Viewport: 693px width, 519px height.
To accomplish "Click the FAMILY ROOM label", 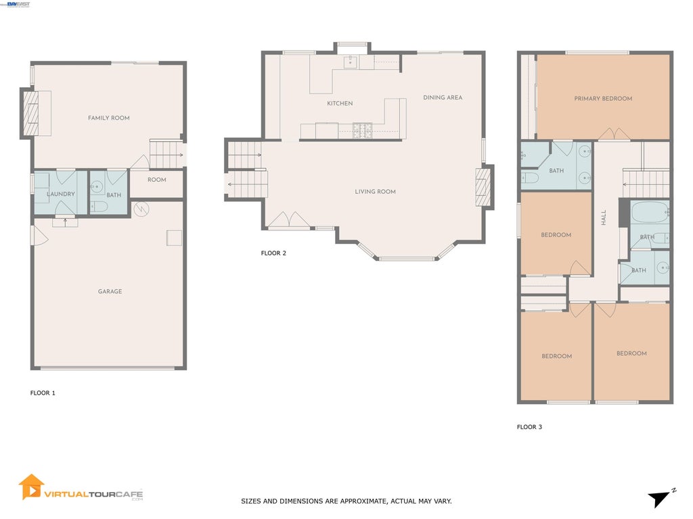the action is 109,118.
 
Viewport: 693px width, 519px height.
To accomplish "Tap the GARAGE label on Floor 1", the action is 110,291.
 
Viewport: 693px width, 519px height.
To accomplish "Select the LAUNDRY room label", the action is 61,194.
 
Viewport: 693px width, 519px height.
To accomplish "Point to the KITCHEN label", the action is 340,103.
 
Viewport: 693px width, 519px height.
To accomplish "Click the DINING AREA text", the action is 443,97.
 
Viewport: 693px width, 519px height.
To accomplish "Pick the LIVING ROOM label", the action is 375,191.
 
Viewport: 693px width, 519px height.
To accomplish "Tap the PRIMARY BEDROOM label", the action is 603,99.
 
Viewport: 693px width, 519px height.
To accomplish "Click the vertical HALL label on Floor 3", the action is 604,218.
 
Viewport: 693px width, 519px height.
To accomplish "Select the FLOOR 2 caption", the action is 273,253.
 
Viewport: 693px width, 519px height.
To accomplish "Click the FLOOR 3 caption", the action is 529,427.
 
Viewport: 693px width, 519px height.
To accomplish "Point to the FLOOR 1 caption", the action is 43,393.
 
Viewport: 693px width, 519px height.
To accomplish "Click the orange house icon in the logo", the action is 31,487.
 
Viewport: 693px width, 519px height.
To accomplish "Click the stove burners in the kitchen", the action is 362,131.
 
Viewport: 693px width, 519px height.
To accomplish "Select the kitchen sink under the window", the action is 351,61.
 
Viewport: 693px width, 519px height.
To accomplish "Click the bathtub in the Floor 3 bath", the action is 650,212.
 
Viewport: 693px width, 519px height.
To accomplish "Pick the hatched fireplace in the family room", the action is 30,114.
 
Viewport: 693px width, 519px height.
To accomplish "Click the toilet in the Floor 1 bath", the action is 99,207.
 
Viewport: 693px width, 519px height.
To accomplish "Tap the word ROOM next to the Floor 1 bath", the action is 157,180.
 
